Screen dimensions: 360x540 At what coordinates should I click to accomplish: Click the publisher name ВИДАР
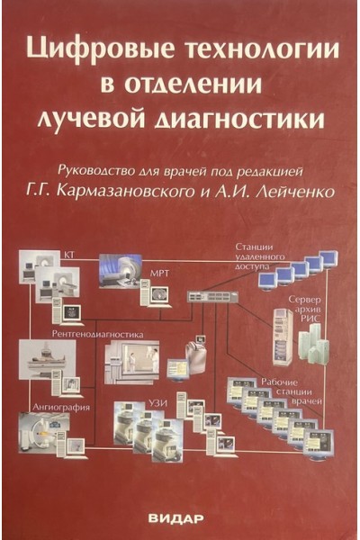pos(176,518)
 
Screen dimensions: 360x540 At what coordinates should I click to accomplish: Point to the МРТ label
pos(159,274)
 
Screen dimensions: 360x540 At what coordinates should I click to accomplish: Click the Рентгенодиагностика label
pos(97,334)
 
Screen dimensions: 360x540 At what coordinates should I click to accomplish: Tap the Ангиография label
pos(61,408)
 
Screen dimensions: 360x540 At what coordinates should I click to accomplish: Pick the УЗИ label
pos(158,403)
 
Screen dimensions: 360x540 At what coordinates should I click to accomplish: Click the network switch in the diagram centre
pos(212,296)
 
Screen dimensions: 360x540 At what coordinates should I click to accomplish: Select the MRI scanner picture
pos(121,271)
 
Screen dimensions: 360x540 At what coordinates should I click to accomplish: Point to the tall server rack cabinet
pos(283,337)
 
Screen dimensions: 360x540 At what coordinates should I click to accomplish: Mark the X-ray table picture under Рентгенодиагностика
pos(48,359)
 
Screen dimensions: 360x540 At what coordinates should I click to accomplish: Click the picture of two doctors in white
pos(132,363)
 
